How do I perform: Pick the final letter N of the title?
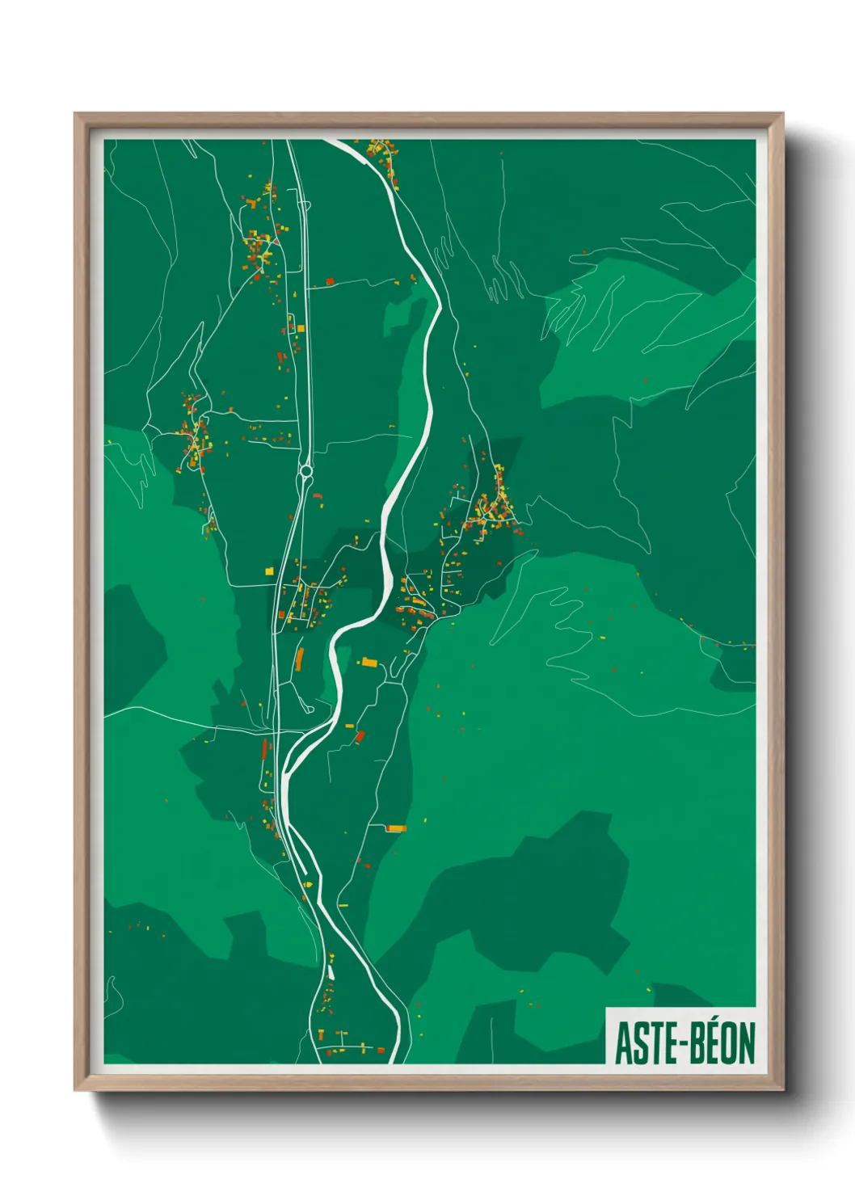[746, 1043]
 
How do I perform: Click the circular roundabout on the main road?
[305, 470]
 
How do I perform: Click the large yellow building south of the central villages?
[369, 663]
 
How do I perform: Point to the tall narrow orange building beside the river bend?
[300, 659]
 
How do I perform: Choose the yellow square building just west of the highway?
[270, 571]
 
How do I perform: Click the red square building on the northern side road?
[330, 280]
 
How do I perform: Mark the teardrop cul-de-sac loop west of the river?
[309, 708]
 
